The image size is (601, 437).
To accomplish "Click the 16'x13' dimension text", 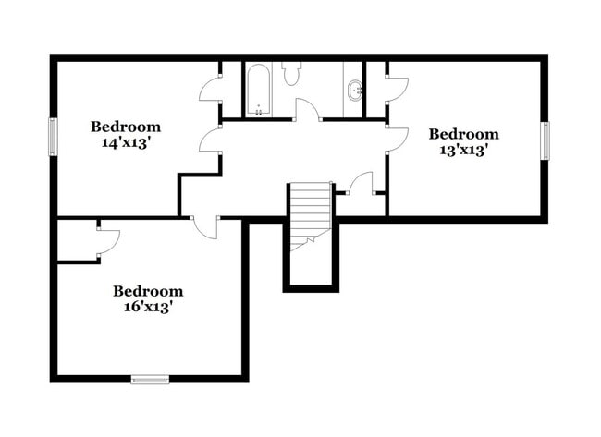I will [x=148, y=307].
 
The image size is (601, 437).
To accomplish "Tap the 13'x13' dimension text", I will [x=463, y=150].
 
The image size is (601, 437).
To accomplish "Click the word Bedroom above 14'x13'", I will [x=126, y=127].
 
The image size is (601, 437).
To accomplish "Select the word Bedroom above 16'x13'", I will [x=148, y=291].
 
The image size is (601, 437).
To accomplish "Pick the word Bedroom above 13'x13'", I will [x=463, y=134].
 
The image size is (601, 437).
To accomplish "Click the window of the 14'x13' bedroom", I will [x=53, y=138].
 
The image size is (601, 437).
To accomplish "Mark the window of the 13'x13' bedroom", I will [x=546, y=140].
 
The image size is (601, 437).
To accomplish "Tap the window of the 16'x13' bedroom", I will [x=150, y=378].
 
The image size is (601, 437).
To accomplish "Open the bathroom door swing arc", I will [x=307, y=109].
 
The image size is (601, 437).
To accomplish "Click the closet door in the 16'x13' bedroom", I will [x=108, y=240].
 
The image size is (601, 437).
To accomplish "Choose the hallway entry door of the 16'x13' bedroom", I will [x=205, y=227].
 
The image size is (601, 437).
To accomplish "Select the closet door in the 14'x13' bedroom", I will [x=210, y=90].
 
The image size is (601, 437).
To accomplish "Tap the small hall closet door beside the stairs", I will [x=361, y=183].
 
